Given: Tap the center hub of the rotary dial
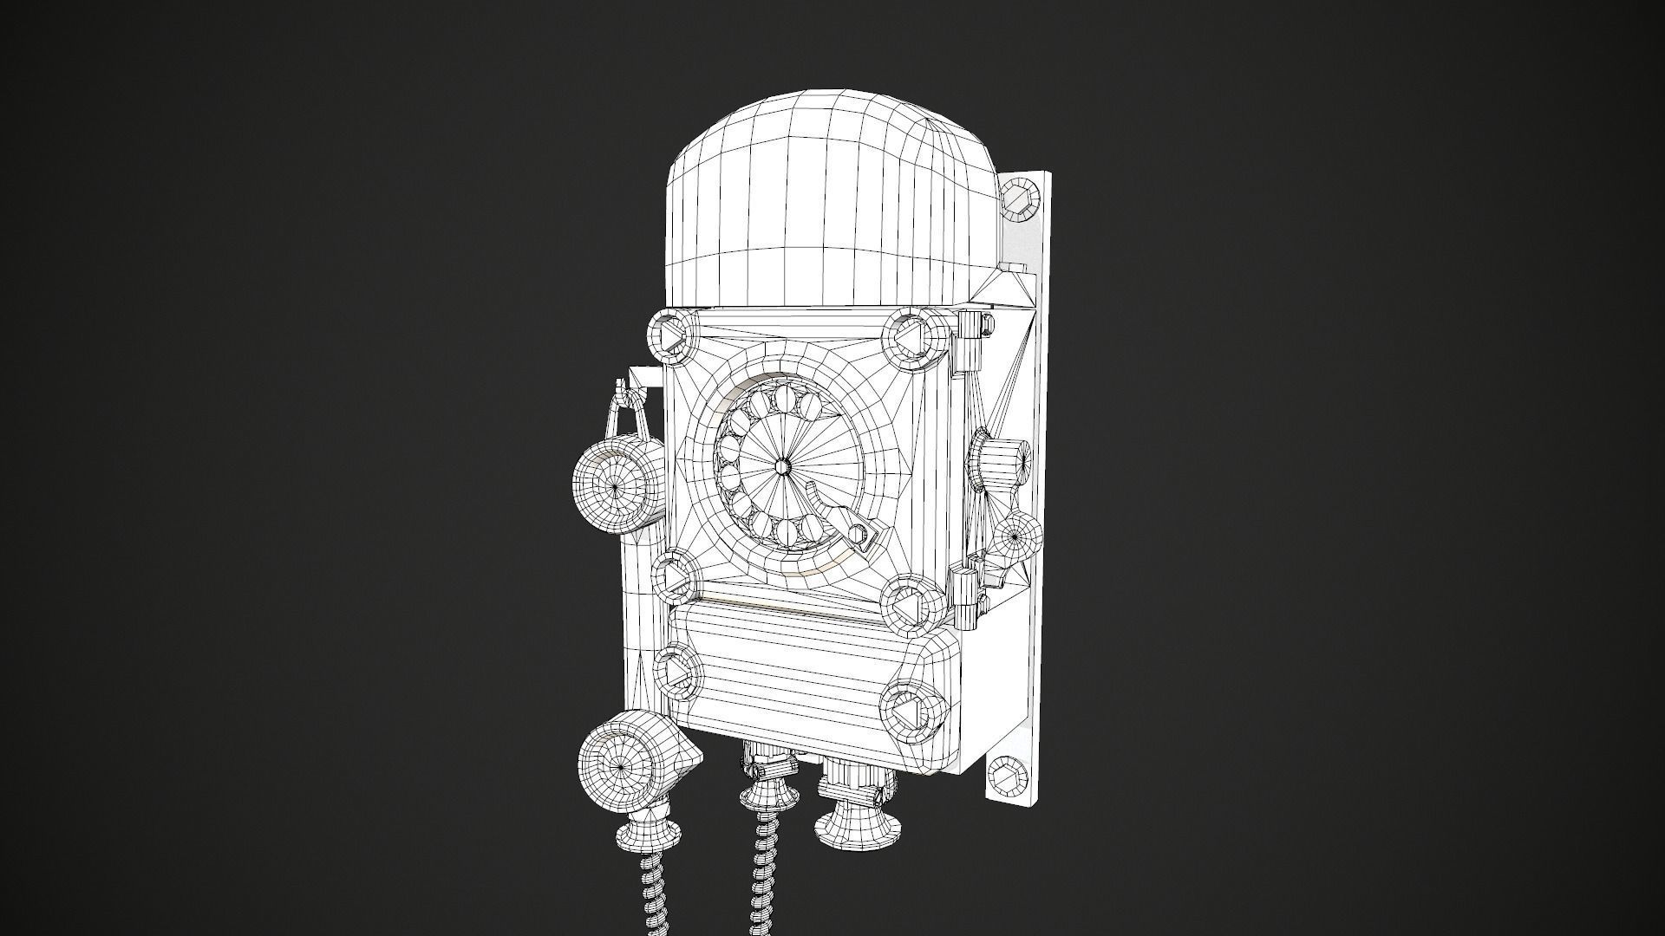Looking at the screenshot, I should (x=783, y=466).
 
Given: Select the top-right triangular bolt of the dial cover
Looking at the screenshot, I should (x=910, y=336).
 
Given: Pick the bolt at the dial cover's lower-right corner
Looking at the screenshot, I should (x=907, y=604).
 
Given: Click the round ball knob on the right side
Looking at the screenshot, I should (x=1016, y=537).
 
